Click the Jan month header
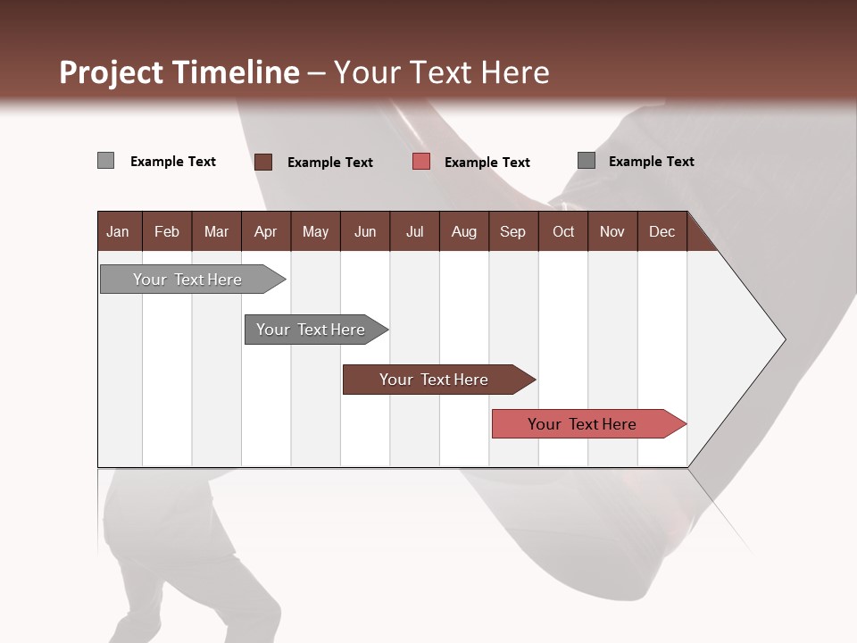tap(118, 231)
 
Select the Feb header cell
tap(167, 231)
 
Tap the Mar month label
tap(216, 231)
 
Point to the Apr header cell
tap(265, 231)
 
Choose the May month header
tap(315, 231)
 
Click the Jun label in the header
tap(365, 231)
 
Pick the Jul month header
tap(414, 231)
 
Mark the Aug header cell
tap(463, 231)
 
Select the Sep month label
tap(512, 231)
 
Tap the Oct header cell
tap(563, 231)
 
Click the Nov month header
tap(612, 231)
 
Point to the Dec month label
tap(661, 231)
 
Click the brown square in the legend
tap(262, 162)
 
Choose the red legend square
tap(421, 162)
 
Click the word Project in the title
tap(112, 72)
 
